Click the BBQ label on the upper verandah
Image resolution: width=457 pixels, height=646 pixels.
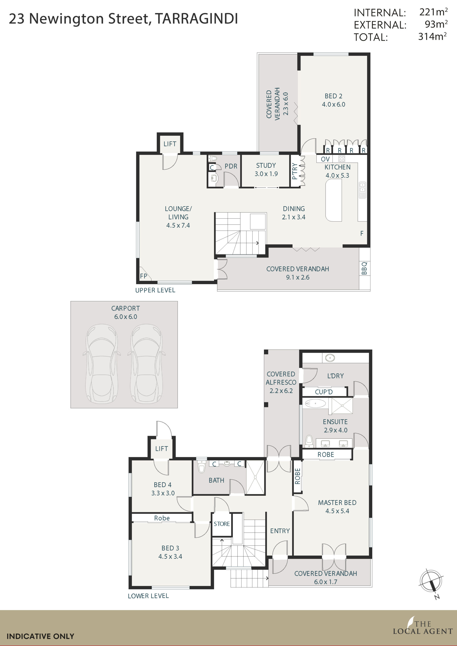click(364, 268)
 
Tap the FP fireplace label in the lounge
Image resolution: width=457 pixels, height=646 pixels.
click(144, 276)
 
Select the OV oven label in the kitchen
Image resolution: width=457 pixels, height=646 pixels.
click(325, 159)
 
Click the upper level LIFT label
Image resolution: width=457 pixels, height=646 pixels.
click(170, 144)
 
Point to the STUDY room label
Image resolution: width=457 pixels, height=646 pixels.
click(266, 166)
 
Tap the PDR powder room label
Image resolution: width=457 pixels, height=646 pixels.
click(231, 166)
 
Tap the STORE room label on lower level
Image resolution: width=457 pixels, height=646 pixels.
click(222, 524)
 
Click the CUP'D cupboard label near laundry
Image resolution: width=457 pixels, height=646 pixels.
click(324, 392)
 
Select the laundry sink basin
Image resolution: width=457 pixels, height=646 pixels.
click(330, 358)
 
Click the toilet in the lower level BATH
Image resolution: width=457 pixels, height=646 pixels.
click(201, 467)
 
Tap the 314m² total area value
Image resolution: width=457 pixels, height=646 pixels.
click(432, 37)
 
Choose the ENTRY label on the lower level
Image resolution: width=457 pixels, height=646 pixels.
click(280, 531)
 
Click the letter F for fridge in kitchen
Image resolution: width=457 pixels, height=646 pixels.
click(362, 233)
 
